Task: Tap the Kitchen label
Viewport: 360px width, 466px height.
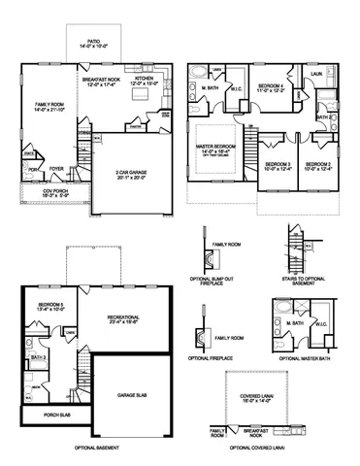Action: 143,81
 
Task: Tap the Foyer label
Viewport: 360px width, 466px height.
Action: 57,169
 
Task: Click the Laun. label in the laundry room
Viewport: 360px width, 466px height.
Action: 317,74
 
